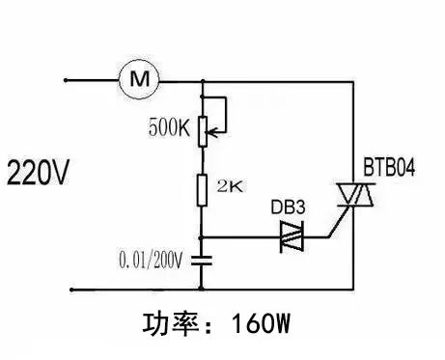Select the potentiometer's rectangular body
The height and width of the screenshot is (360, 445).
(x=203, y=130)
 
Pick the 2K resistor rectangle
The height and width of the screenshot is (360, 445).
(x=203, y=188)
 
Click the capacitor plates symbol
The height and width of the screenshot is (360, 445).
(x=203, y=259)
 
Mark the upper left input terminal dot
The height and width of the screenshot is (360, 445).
(x=67, y=80)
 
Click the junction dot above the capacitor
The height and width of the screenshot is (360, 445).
(x=203, y=236)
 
